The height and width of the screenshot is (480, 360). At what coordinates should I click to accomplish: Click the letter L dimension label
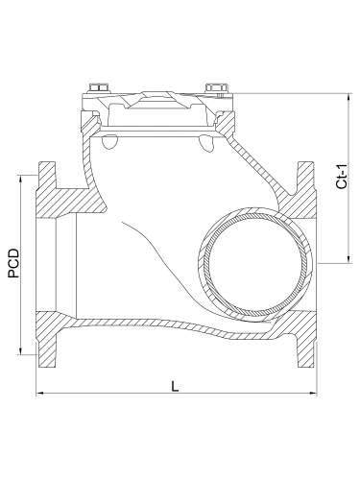click(x=174, y=386)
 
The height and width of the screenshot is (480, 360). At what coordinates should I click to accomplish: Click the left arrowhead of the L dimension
click(x=41, y=394)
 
